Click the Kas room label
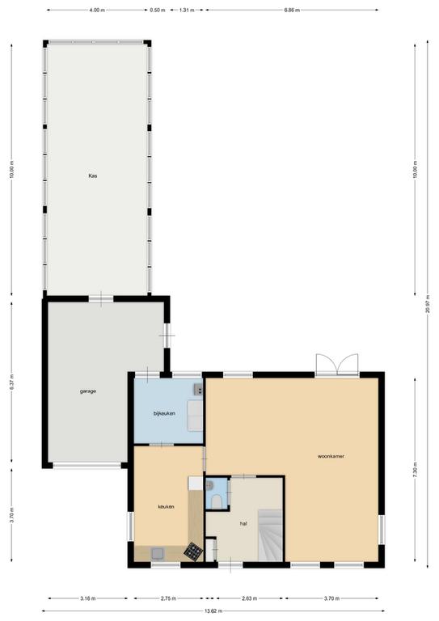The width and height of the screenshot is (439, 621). tap(93, 175)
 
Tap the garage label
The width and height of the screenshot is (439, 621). tap(88, 391)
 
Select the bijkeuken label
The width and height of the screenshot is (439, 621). tap(164, 413)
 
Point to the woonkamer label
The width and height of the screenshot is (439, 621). tap(331, 456)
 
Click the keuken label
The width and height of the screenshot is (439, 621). tap(166, 507)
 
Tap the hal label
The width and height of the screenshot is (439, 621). tap(243, 524)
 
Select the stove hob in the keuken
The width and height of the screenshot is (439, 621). tap(193, 551)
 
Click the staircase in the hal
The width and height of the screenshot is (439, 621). tap(270, 535)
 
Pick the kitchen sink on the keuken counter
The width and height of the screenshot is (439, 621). tap(158, 553)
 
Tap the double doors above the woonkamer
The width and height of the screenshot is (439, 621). tap(337, 365)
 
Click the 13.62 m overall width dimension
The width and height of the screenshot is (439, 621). tap(213, 610)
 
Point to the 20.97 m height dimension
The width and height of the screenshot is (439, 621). tap(428, 304)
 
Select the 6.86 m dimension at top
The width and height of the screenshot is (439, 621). tap(292, 11)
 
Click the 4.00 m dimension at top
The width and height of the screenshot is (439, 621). tap(97, 11)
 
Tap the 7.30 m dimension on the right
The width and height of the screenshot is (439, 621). tap(415, 470)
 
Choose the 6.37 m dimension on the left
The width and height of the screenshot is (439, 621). tap(11, 382)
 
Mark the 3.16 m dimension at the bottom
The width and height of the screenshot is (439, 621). tap(87, 598)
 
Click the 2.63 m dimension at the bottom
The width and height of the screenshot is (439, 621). tap(249, 598)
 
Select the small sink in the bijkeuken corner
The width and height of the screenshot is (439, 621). tap(198, 390)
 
